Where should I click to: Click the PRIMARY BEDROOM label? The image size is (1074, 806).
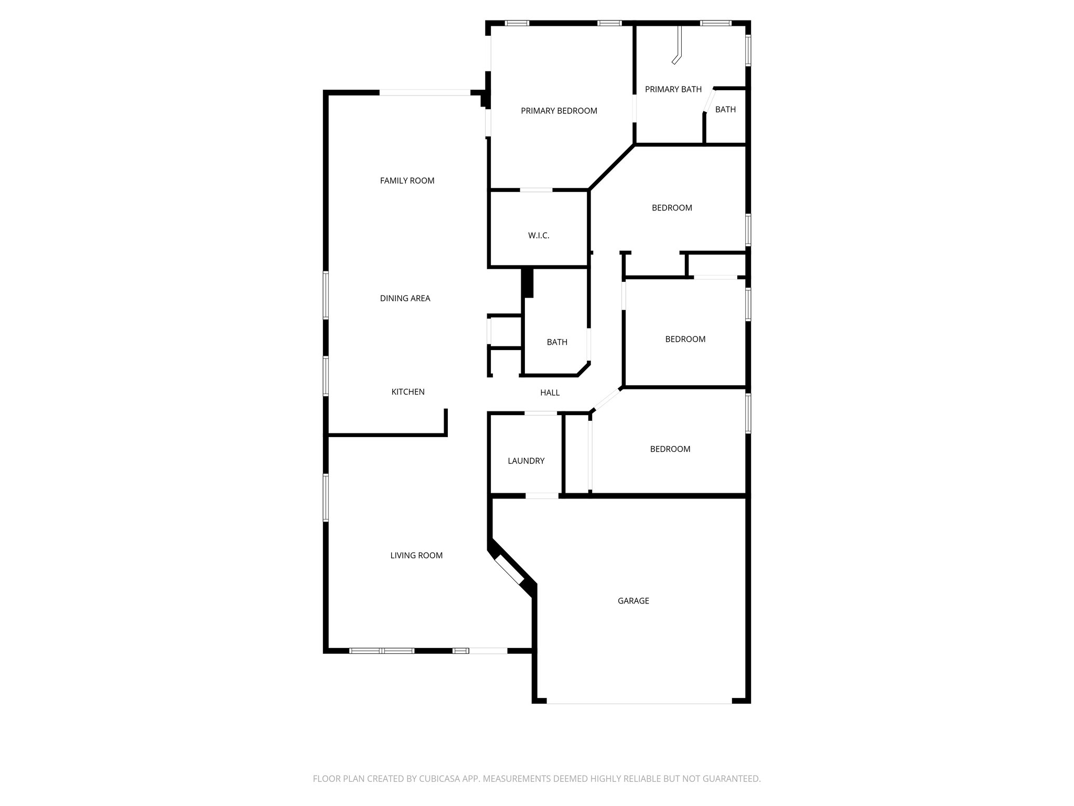point(559,111)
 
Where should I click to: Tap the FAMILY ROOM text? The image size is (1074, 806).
point(407,181)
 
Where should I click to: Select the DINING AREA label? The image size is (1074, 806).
point(405,298)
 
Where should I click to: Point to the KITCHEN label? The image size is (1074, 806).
point(408,391)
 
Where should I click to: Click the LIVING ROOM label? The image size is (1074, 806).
point(416,555)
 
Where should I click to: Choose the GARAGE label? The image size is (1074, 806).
point(633,601)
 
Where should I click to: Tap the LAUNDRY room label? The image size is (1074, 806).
point(526,461)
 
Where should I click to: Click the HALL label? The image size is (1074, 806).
point(550,393)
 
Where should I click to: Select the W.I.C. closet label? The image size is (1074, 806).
point(539,236)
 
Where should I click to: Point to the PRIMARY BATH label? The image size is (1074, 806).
point(673,89)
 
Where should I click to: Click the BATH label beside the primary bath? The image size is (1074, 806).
point(725,110)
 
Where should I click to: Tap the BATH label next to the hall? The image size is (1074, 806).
point(557,342)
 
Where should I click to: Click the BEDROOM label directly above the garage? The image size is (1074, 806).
point(670,449)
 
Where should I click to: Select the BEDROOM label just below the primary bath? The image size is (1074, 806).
point(672,208)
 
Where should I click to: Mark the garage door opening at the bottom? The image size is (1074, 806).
point(639,701)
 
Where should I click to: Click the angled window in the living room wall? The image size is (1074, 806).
point(509,571)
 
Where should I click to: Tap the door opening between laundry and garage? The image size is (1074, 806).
point(542,495)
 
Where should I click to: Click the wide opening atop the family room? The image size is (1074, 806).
point(425,93)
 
